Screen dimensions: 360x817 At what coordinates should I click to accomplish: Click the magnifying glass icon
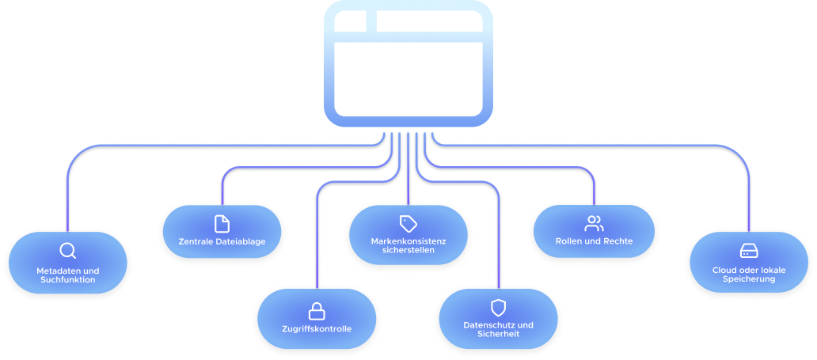pyautogui.click(x=67, y=252)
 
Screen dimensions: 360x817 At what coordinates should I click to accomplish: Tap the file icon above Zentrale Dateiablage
pyautogui.click(x=222, y=224)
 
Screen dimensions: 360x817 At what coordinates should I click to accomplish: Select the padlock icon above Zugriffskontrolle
pyautogui.click(x=317, y=309)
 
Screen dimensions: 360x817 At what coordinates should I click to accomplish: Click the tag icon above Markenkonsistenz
pyautogui.click(x=408, y=222)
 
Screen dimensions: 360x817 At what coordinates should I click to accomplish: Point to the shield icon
pyautogui.click(x=498, y=307)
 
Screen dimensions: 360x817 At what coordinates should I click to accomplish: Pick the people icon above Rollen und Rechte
pyautogui.click(x=594, y=223)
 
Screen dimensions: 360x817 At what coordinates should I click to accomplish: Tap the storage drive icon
pyautogui.click(x=748, y=251)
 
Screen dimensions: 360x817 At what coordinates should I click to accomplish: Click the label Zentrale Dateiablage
pyautogui.click(x=222, y=241)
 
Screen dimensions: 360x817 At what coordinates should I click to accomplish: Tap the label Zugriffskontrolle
pyautogui.click(x=317, y=328)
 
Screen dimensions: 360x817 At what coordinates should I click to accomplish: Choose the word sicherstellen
pyautogui.click(x=408, y=249)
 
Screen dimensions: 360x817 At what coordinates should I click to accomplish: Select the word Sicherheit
pyautogui.click(x=498, y=334)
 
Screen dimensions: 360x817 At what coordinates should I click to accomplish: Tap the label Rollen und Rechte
pyautogui.click(x=594, y=241)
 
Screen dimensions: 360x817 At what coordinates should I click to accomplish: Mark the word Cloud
pyautogui.click(x=724, y=270)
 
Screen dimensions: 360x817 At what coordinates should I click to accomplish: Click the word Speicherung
pyautogui.click(x=748, y=279)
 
